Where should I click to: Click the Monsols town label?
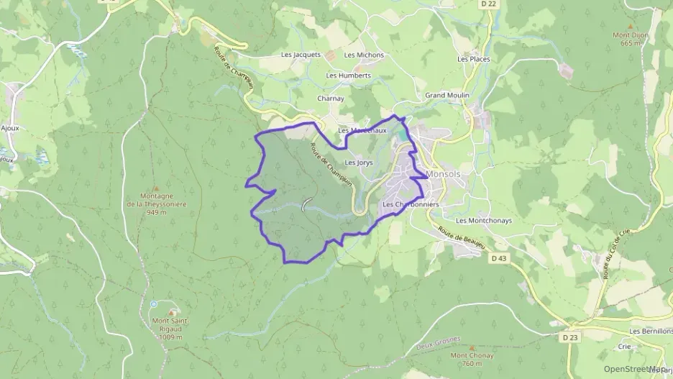point(444,174)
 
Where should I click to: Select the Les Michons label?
point(364,55)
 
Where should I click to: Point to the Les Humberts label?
point(349,75)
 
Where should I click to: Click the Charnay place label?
point(331,99)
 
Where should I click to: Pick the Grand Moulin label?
point(447,95)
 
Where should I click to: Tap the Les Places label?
point(473,59)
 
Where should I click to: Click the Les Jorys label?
point(360,163)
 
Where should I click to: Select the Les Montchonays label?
point(484,221)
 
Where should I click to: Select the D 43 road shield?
point(499,257)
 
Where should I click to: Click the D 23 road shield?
point(571,337)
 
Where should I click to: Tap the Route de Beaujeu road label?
point(460,242)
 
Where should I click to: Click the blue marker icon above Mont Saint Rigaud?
point(153,304)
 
